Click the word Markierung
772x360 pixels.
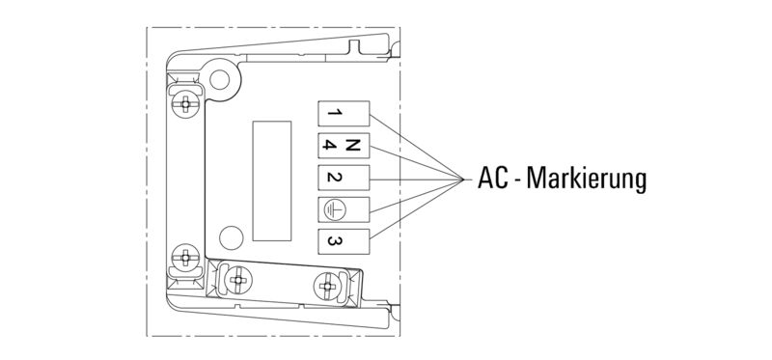click(588, 180)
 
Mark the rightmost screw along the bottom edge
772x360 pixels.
click(327, 284)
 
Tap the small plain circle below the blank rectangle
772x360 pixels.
click(231, 235)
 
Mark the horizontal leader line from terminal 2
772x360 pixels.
click(415, 180)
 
